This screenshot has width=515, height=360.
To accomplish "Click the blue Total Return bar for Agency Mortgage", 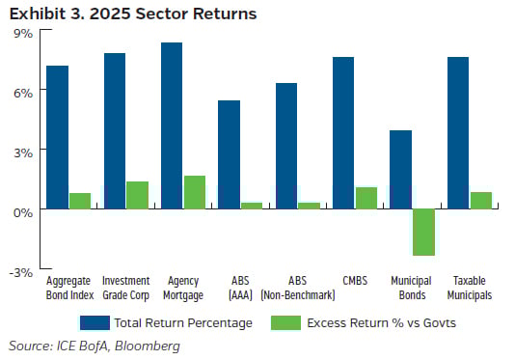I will (172, 125).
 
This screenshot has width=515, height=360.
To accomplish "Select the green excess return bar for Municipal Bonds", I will (423, 233).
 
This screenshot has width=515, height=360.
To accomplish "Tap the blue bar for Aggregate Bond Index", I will (57, 137).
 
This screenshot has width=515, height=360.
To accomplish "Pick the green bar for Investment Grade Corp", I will (137, 195).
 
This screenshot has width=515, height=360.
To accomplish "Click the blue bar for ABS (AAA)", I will (229, 154).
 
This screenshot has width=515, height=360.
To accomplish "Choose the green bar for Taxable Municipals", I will (481, 201).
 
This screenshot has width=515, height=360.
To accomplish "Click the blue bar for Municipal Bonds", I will (400, 170).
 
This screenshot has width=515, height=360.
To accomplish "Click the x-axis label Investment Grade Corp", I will (125, 288).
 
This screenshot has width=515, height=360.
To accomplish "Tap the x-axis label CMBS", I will (354, 282).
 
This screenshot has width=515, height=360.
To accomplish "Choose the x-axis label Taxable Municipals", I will (470, 288).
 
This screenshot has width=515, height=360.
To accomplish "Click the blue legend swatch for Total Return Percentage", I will (96, 322).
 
